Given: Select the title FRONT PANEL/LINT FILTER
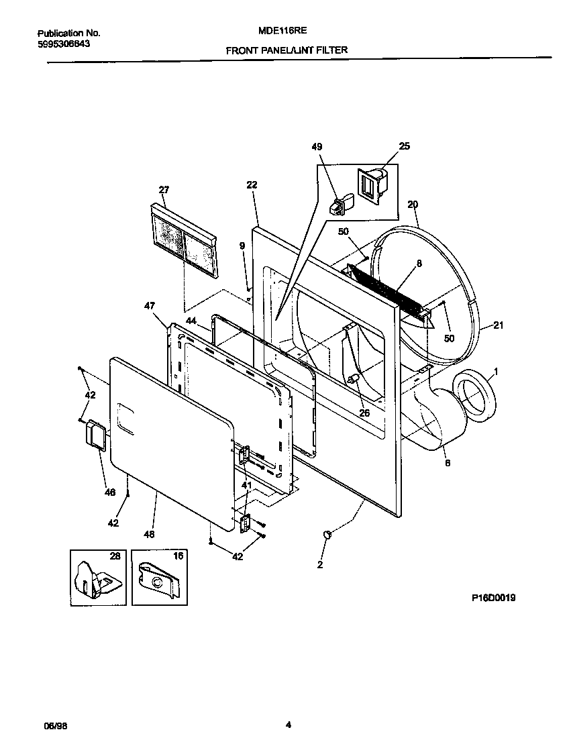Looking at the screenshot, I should pyautogui.click(x=287, y=50).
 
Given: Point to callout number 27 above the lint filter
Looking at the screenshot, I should pyautogui.click(x=164, y=190).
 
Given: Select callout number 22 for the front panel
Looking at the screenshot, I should pyautogui.click(x=252, y=184).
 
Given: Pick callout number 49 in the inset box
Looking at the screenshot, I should pyautogui.click(x=317, y=147).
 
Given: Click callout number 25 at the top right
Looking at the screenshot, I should pyautogui.click(x=404, y=146).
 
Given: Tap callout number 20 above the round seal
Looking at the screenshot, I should pyautogui.click(x=413, y=204).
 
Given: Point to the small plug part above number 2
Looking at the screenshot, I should pyautogui.click(x=327, y=534).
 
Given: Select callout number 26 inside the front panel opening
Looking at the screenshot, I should pyautogui.click(x=364, y=413).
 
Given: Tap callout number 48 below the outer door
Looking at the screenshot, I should pyautogui.click(x=148, y=534).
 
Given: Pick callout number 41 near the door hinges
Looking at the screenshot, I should pyautogui.click(x=246, y=485).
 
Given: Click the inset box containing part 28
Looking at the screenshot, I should pyautogui.click(x=97, y=577).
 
